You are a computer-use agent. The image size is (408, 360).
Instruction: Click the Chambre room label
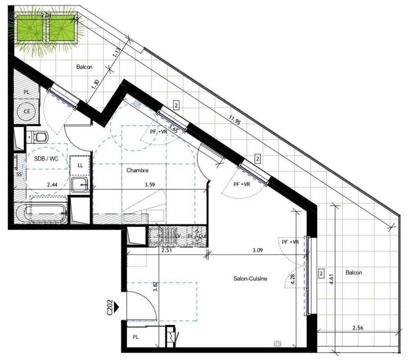[x=137, y=170]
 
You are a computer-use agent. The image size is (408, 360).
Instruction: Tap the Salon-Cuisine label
[x=250, y=279]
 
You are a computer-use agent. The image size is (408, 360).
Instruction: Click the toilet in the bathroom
[x=38, y=136]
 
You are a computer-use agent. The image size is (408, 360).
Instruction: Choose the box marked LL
[x=80, y=165]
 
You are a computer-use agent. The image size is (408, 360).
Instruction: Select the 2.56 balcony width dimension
[x=358, y=328]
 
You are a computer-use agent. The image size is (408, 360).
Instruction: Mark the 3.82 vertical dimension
[x=155, y=287]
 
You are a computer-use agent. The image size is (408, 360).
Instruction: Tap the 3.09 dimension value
[x=257, y=250]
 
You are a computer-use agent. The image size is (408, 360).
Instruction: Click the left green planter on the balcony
[x=29, y=28]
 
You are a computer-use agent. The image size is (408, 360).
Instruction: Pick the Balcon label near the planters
[x=84, y=67]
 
